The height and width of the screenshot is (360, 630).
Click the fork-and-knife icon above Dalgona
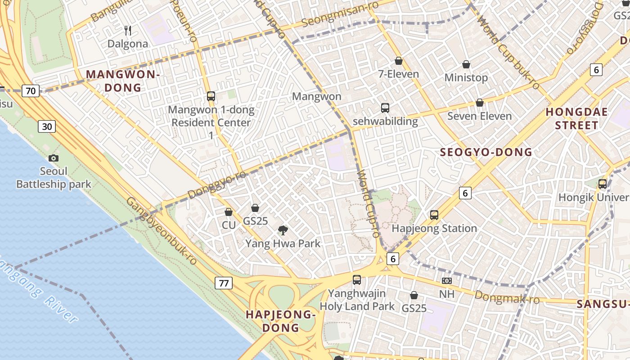128,31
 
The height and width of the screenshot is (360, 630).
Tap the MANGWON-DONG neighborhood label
123,81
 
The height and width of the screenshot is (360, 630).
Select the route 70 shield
31,91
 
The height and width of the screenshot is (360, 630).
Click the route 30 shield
47,126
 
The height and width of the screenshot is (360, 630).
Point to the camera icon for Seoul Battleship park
54,158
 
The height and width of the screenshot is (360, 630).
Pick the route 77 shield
224,283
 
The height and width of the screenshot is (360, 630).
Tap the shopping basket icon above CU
229,211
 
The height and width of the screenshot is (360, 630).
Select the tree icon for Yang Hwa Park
283,230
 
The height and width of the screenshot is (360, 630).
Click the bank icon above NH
447,281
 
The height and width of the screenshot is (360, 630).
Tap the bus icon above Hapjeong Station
434,215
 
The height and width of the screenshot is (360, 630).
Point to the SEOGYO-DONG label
486,152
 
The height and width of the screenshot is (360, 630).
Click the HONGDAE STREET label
576,118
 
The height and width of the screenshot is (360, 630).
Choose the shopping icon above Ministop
466,64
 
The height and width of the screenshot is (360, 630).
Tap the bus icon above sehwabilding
385,108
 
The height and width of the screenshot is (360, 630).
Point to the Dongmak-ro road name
507,297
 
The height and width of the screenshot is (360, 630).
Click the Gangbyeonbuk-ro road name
162,230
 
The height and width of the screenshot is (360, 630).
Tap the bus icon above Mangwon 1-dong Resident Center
211,96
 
